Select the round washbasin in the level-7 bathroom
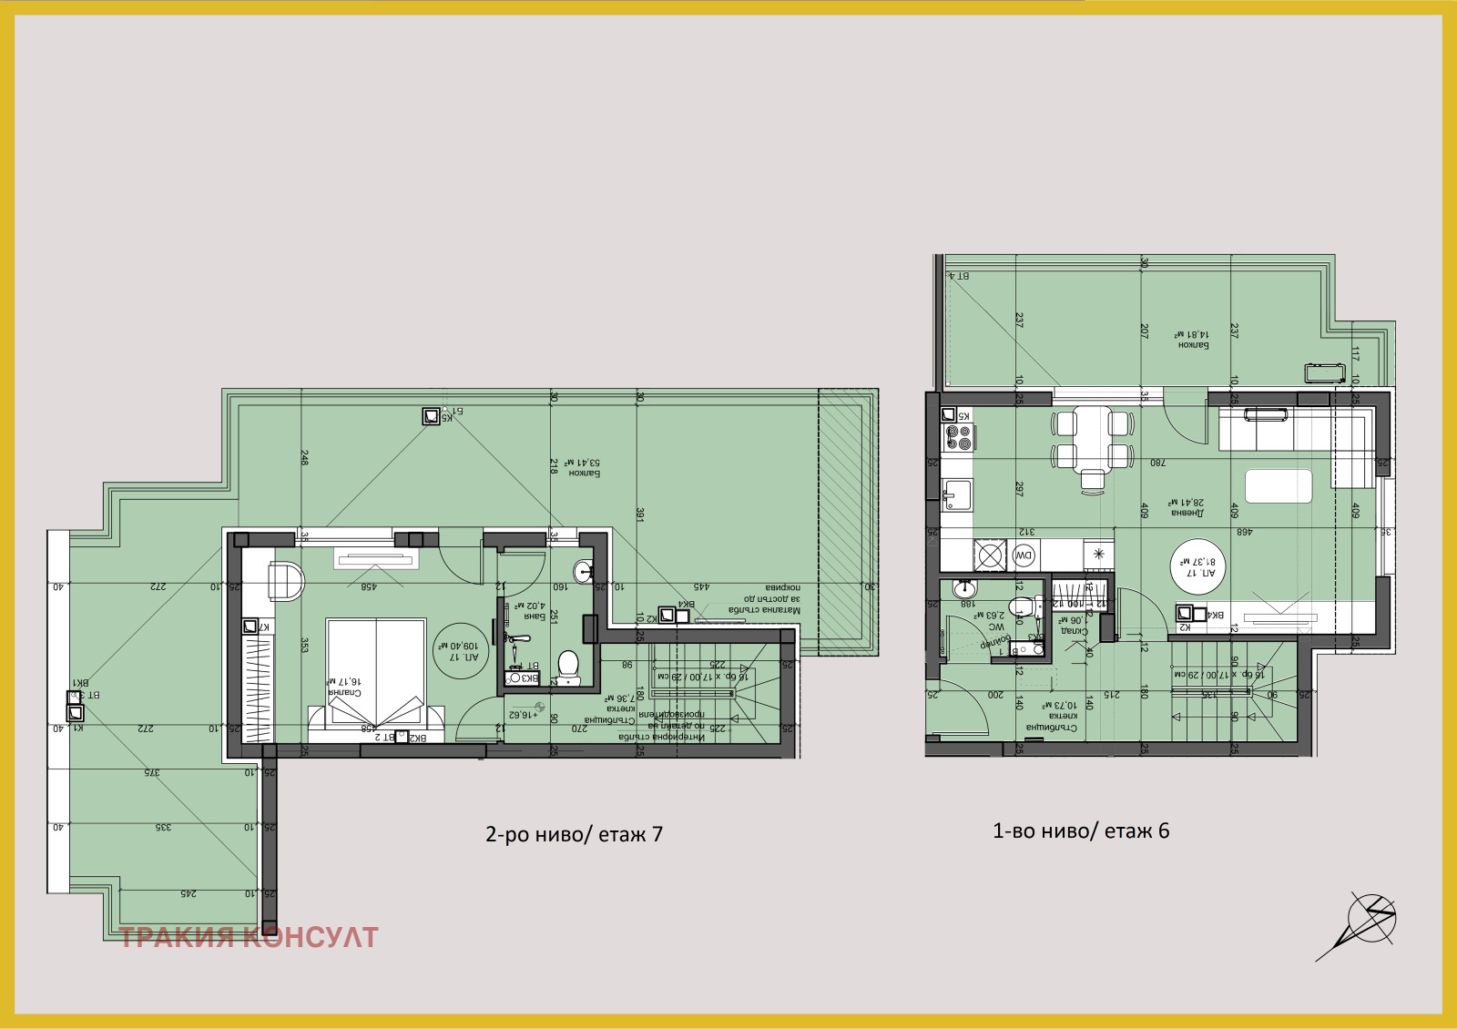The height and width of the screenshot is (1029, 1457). pos(584,572)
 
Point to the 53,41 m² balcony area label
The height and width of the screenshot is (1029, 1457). pos(584,468)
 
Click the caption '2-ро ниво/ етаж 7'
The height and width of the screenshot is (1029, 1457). pos(574,834)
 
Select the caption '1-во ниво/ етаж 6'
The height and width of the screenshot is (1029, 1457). pos(1081,830)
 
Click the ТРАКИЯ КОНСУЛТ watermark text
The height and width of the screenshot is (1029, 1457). pos(249,937)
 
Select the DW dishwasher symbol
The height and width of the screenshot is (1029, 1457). pos(1024,555)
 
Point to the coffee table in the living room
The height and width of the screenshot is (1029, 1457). pos(1278,485)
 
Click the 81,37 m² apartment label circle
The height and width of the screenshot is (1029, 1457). pos(1198,566)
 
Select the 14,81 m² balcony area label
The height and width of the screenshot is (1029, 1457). pos(1193,340)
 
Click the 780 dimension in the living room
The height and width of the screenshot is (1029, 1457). pos(1156,463)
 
